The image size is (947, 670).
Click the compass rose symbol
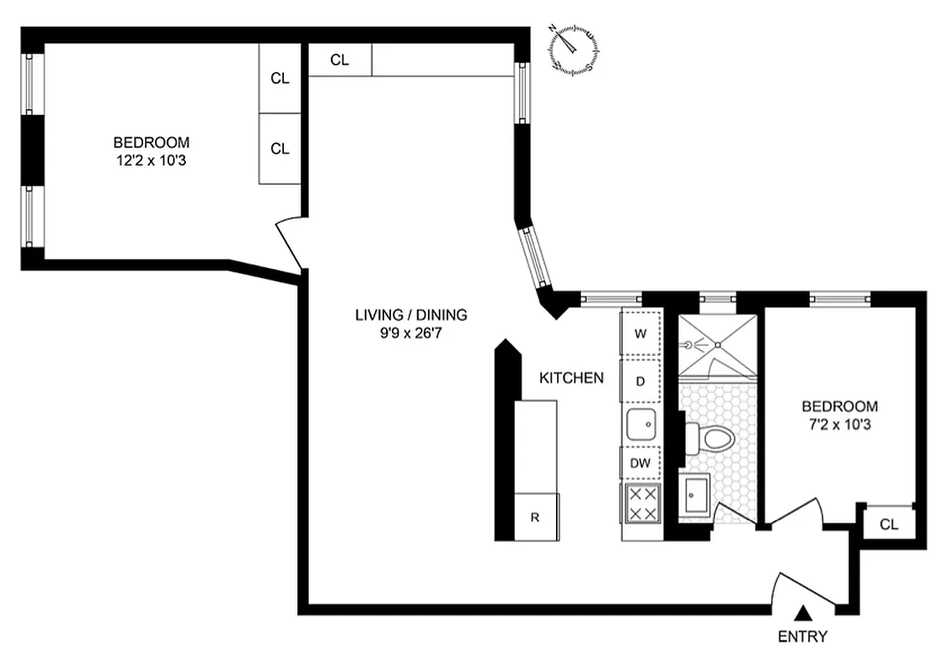574,47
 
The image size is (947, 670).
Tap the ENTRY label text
802,636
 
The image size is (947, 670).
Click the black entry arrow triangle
802,614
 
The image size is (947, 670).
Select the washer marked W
641,333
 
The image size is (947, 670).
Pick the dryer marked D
641,381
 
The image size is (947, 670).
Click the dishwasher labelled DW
641,462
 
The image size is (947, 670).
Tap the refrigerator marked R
535,517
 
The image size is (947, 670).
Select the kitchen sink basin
642,425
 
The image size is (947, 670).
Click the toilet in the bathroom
709,437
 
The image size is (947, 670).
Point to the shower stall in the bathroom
718,344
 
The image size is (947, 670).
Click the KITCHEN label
571,379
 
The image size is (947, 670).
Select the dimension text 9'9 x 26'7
410,331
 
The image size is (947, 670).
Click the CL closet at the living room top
339,59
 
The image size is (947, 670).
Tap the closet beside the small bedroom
889,525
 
